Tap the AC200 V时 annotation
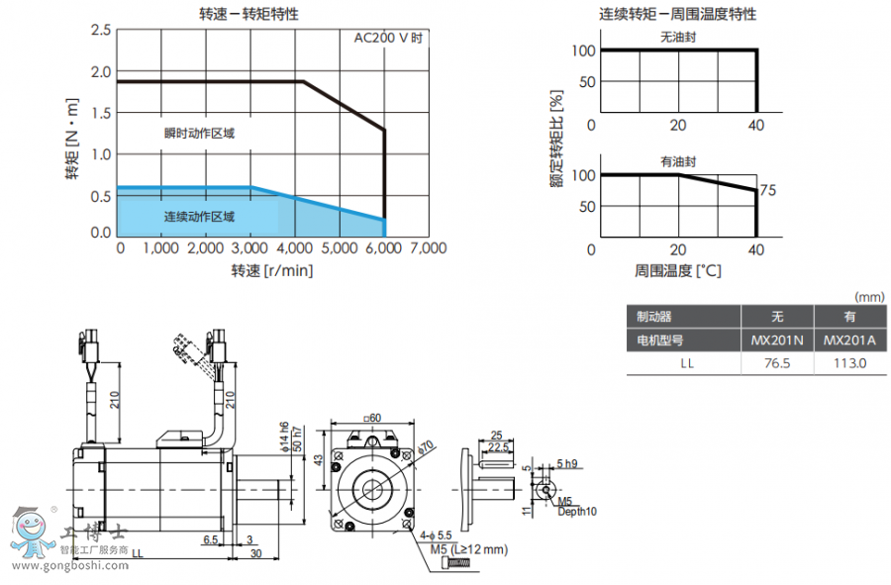click(x=389, y=39)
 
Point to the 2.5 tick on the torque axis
click(x=100, y=31)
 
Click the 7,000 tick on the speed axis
click(x=427, y=247)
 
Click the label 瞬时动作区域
click(x=200, y=133)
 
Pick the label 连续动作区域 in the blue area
click(x=200, y=217)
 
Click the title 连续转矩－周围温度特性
click(x=677, y=14)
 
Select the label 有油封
click(x=679, y=161)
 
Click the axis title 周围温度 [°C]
click(x=677, y=269)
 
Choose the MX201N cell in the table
click(x=776, y=340)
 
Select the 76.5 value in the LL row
click(x=776, y=363)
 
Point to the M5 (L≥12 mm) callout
click(x=468, y=548)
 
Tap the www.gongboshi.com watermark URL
click(x=69, y=566)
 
